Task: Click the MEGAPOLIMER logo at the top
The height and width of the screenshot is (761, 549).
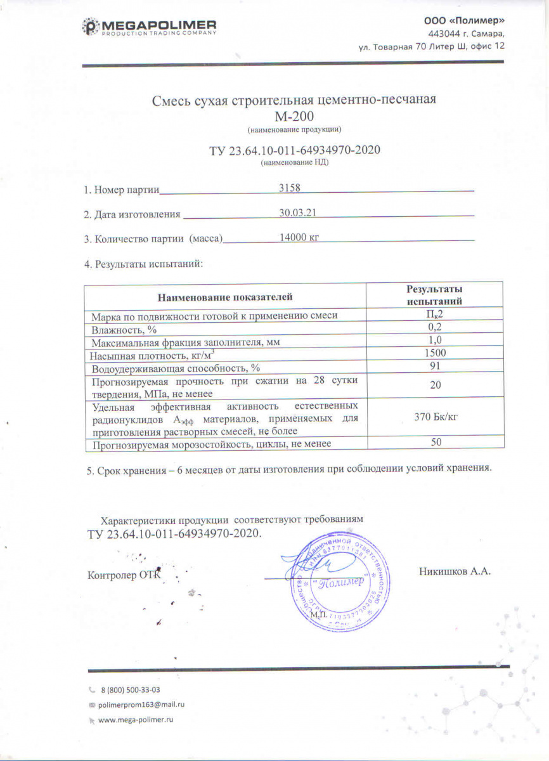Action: click(150, 27)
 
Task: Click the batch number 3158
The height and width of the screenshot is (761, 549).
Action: click(290, 188)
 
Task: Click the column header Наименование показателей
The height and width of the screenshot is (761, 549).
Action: click(225, 296)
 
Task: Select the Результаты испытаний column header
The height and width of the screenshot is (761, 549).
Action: click(434, 296)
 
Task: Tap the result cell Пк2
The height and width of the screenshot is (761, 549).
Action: click(435, 315)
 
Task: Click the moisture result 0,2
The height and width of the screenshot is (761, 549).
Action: click(434, 328)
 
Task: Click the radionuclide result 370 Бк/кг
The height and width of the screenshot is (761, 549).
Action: click(434, 418)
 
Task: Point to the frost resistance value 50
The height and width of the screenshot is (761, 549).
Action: click(436, 443)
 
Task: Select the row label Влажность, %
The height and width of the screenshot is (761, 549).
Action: click(124, 328)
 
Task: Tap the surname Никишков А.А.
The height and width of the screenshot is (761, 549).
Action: click(455, 571)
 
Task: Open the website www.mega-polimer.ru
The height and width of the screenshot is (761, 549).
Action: click(136, 720)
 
